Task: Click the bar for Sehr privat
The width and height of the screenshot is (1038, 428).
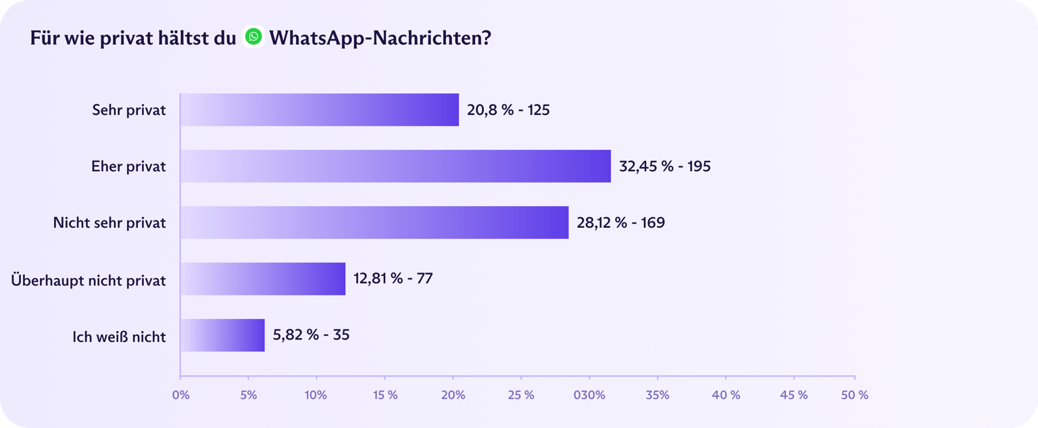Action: click(x=320, y=110)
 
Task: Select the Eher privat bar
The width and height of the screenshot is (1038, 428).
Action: click(x=395, y=166)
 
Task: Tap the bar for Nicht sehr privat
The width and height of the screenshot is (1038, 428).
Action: click(x=374, y=222)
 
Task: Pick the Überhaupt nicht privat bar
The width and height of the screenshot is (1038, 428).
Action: click(x=263, y=279)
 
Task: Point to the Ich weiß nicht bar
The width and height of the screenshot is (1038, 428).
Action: click(x=222, y=335)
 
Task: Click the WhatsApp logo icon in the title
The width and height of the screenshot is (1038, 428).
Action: click(x=253, y=37)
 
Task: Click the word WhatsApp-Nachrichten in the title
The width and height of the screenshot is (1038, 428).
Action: click(x=380, y=38)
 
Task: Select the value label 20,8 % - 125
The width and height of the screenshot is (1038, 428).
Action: click(x=508, y=110)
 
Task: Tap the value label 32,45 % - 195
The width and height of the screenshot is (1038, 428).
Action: click(x=664, y=166)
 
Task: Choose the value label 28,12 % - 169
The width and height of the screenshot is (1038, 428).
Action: click(x=620, y=222)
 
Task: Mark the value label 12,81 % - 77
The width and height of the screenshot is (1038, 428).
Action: click(x=393, y=279)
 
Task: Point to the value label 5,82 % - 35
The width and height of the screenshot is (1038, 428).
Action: click(x=311, y=335)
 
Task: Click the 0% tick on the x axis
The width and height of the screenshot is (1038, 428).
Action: click(x=180, y=395)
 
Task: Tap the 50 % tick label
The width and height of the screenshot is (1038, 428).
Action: click(x=854, y=395)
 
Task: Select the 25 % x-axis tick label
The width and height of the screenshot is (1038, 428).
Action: click(x=521, y=395)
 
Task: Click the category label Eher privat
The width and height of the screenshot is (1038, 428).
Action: click(x=128, y=166)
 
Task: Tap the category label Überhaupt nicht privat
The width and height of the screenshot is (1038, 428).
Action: click(x=89, y=280)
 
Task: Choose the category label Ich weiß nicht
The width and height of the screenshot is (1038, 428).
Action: click(x=119, y=336)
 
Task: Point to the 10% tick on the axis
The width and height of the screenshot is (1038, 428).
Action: click(x=316, y=395)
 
